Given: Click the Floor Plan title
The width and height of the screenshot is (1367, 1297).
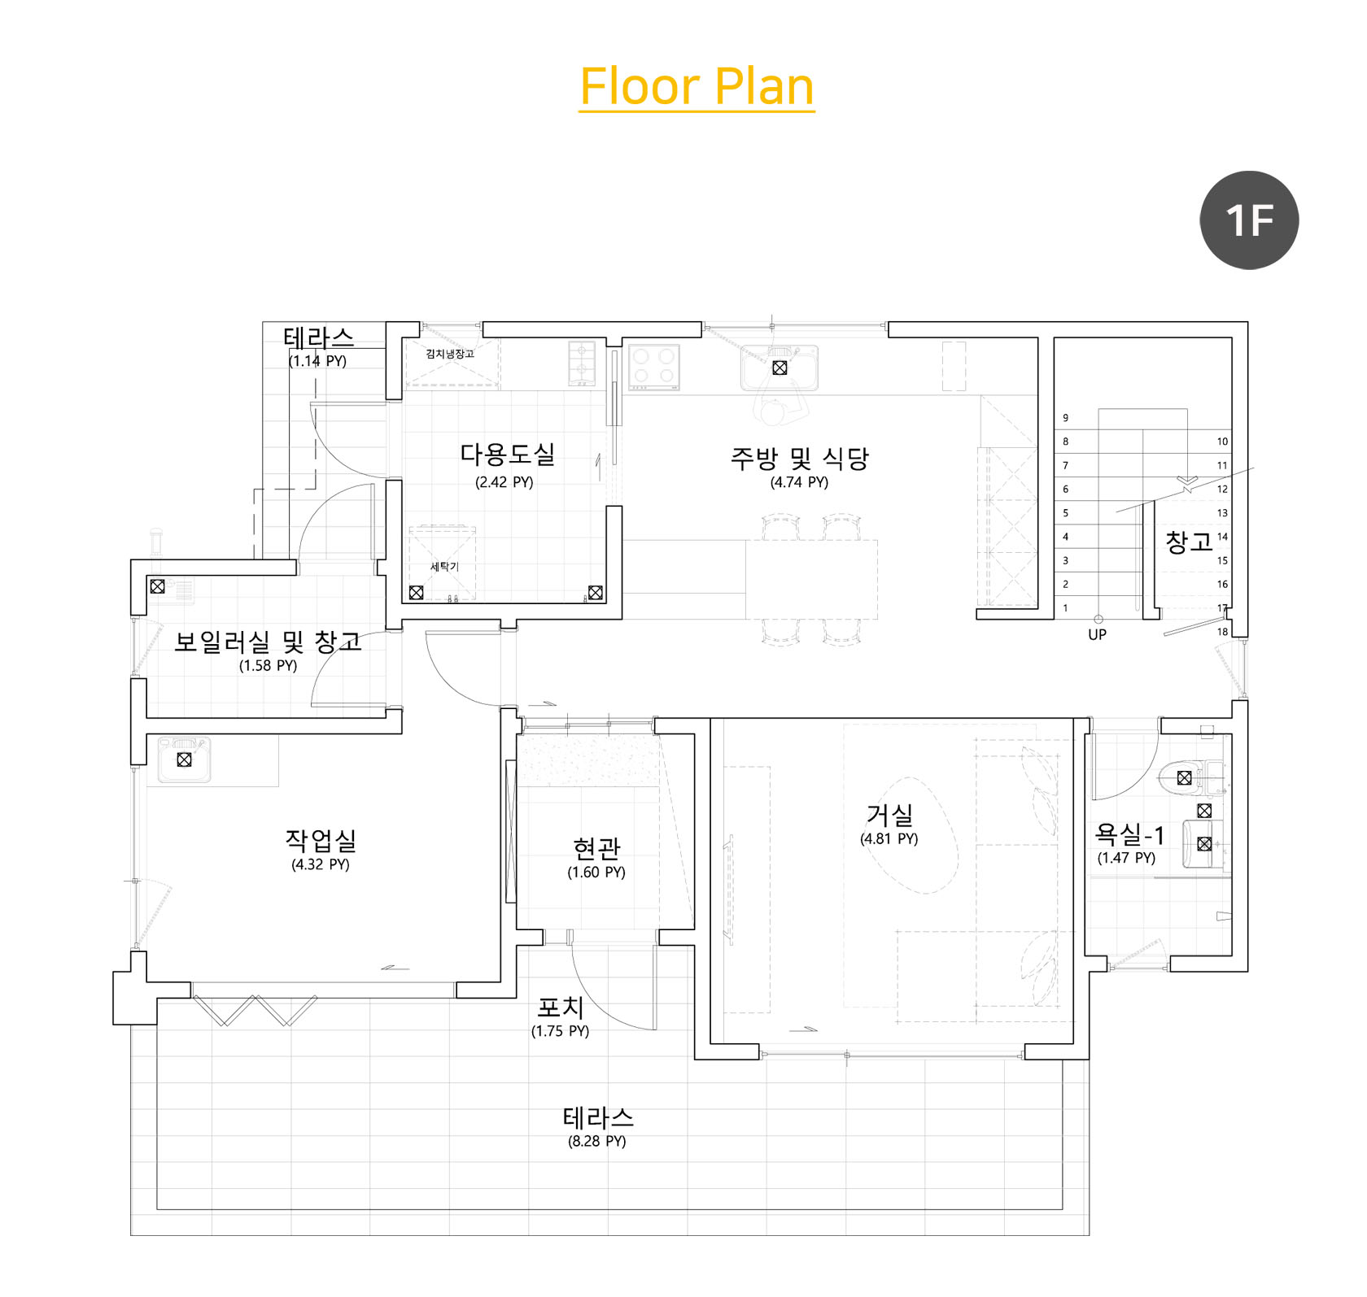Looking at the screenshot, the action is [x=697, y=86].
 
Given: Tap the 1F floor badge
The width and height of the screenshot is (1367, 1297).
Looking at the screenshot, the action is [x=1249, y=220].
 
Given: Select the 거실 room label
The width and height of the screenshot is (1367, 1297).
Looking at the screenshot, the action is [x=889, y=814].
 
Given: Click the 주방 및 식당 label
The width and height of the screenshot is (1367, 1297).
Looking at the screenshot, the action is [x=799, y=459].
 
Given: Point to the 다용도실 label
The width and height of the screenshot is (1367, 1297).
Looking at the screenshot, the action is [x=507, y=454].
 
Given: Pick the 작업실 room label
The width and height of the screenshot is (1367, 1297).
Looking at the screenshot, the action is [x=321, y=840].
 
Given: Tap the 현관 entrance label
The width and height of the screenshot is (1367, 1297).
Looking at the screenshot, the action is [x=596, y=848].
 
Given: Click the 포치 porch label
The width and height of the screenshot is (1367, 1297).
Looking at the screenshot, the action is [x=561, y=1008].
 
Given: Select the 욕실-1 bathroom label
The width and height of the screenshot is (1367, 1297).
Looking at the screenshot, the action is [x=1129, y=834].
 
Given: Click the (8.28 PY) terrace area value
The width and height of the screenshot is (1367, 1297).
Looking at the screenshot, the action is [x=597, y=1141].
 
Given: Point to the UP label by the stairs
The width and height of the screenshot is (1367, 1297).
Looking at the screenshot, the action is [x=1097, y=634].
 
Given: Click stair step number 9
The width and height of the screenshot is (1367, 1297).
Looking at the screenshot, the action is [x=1066, y=418].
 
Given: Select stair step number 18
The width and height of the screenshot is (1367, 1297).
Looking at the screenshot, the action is [x=1222, y=632].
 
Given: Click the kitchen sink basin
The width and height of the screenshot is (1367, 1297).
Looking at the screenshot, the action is [x=780, y=368].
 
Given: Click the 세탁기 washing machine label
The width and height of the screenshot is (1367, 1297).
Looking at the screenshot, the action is [x=444, y=566].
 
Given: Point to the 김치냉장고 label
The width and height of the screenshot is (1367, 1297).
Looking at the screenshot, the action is [x=450, y=354].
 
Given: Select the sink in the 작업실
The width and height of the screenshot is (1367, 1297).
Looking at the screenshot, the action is [x=184, y=759].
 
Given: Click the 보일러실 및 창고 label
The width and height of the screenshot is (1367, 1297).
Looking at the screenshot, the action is [x=268, y=642].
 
